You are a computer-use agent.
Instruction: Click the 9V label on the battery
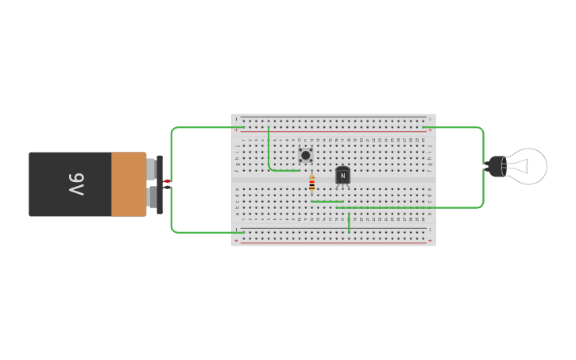coord(75,184)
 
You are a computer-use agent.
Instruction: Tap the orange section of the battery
coord(128,184)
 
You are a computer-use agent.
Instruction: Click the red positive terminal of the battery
coord(167,182)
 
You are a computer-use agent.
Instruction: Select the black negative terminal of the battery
coord(168,188)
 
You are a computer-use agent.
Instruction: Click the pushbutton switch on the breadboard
coord(306,155)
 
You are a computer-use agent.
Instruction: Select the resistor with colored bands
coord(311,184)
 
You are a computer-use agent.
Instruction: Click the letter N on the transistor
coord(343,176)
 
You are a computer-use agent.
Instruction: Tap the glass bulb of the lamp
coord(528,166)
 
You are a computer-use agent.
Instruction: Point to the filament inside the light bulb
coord(518,166)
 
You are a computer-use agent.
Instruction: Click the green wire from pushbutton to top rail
coord(269,151)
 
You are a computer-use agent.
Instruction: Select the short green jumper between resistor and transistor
coord(327,202)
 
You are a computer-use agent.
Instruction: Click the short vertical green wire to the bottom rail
coord(349,223)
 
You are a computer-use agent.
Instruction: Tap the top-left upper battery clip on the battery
coord(151,168)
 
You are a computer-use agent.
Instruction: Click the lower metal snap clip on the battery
coord(151,196)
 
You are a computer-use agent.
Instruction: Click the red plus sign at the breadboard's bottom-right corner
coord(430,240)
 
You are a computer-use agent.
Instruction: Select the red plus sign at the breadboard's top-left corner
coord(236,130)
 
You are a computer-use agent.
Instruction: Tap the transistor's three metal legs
coord(343,188)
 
